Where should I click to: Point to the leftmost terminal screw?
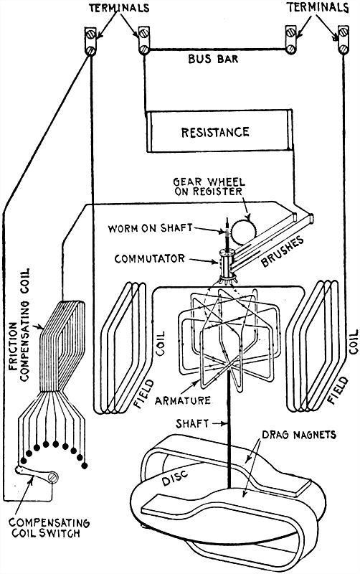pos(91,42)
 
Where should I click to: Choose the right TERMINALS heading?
pos(315,9)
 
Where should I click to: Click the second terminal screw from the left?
pos(143,42)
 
